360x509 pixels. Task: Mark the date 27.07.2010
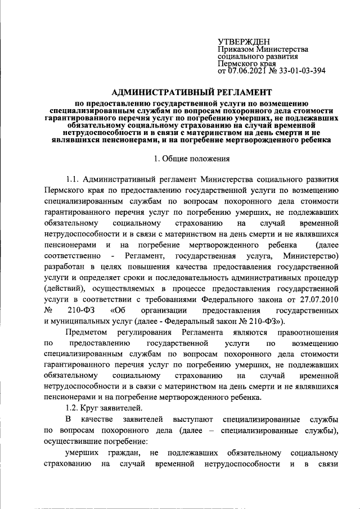318,300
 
